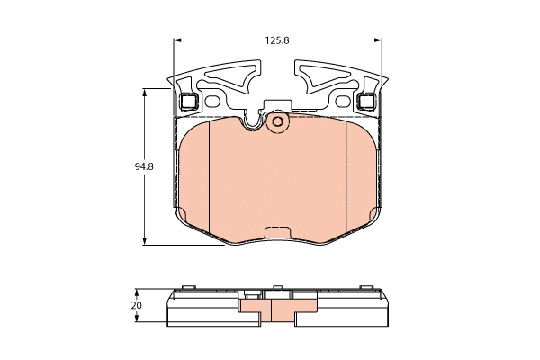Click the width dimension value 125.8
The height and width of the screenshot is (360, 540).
point(276,40)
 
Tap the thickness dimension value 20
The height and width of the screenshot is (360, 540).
point(136,306)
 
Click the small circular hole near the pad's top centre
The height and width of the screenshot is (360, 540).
point(277,121)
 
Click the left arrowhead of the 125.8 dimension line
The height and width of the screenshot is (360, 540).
point(175,40)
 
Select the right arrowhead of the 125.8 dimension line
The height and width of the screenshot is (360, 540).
point(380,40)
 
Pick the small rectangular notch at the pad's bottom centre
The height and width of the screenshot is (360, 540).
point(277,231)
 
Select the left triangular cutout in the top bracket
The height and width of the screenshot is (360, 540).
point(232,79)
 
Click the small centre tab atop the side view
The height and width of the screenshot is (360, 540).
point(277,291)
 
